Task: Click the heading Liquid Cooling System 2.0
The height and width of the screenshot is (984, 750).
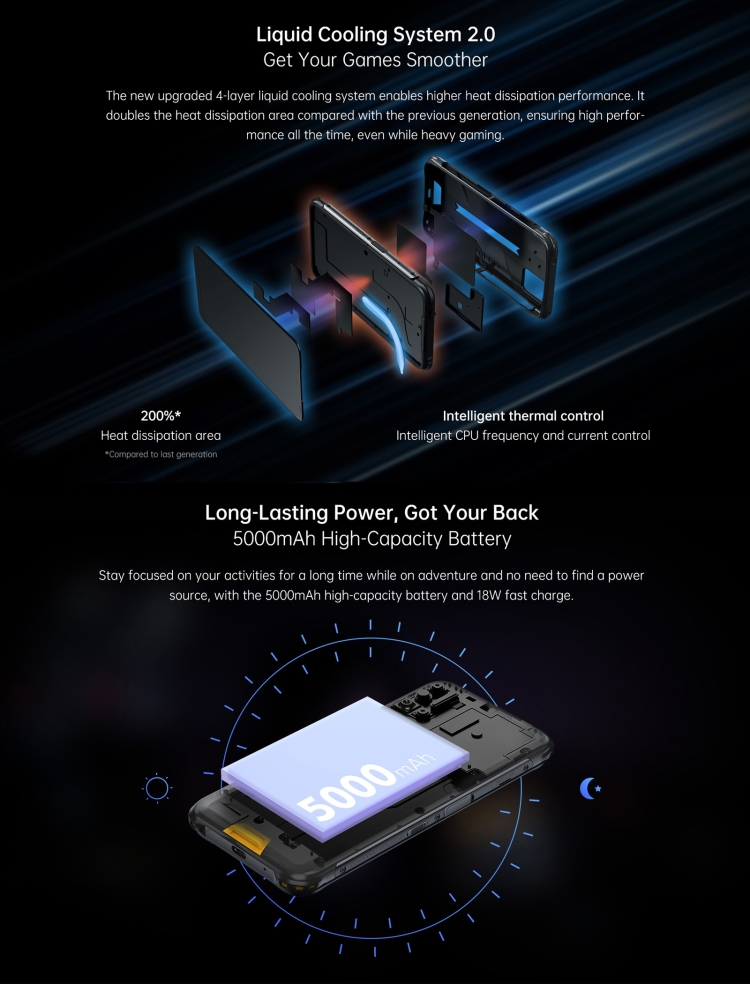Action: point(375,35)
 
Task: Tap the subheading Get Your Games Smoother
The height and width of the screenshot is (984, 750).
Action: point(375,61)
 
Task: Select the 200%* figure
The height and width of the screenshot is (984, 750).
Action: point(160,415)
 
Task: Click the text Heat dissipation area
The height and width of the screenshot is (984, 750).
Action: point(160,436)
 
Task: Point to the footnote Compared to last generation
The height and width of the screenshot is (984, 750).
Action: point(161,455)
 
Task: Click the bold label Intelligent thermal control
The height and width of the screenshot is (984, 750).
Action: point(523,415)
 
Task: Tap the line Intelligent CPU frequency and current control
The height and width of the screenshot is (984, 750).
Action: point(523,436)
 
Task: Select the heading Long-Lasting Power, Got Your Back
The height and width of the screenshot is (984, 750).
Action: point(372,513)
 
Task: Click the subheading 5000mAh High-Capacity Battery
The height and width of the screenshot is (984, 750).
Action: point(372,540)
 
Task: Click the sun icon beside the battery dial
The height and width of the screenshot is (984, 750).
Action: point(157,789)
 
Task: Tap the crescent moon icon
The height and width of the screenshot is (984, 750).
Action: point(590,789)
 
